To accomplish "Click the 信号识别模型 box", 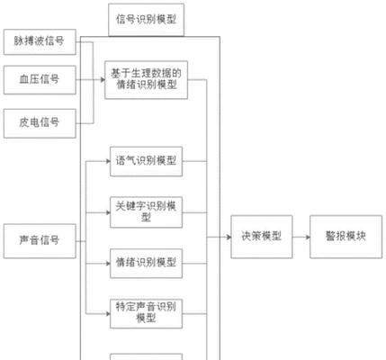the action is pos(146,20).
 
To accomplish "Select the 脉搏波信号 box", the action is pos(40,41).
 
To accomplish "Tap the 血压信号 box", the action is pos(40,80).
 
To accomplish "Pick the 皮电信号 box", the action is pos(40,123).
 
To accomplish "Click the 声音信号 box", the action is pos(40,241).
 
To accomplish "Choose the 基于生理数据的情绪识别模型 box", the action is pos(146,80).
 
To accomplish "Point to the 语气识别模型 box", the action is pos(146,161).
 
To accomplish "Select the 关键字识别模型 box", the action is pos(146,212).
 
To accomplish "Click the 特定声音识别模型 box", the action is pos(146,313).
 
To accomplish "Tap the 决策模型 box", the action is pos(262,237).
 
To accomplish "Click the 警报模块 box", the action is pos(346,237).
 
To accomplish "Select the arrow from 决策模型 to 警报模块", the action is pos(301,237).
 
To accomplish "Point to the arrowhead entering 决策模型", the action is pos(229,237).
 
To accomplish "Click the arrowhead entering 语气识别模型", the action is pos(108,161).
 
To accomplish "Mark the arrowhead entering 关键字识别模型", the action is pos(108,212).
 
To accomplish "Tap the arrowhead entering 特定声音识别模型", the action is pos(108,314).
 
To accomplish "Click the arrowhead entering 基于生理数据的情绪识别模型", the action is pos(103,80).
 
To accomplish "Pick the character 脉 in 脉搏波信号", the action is pos(19,40).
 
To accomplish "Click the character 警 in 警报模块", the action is pos(330,236).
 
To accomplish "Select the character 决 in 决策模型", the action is pos(247,236).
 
